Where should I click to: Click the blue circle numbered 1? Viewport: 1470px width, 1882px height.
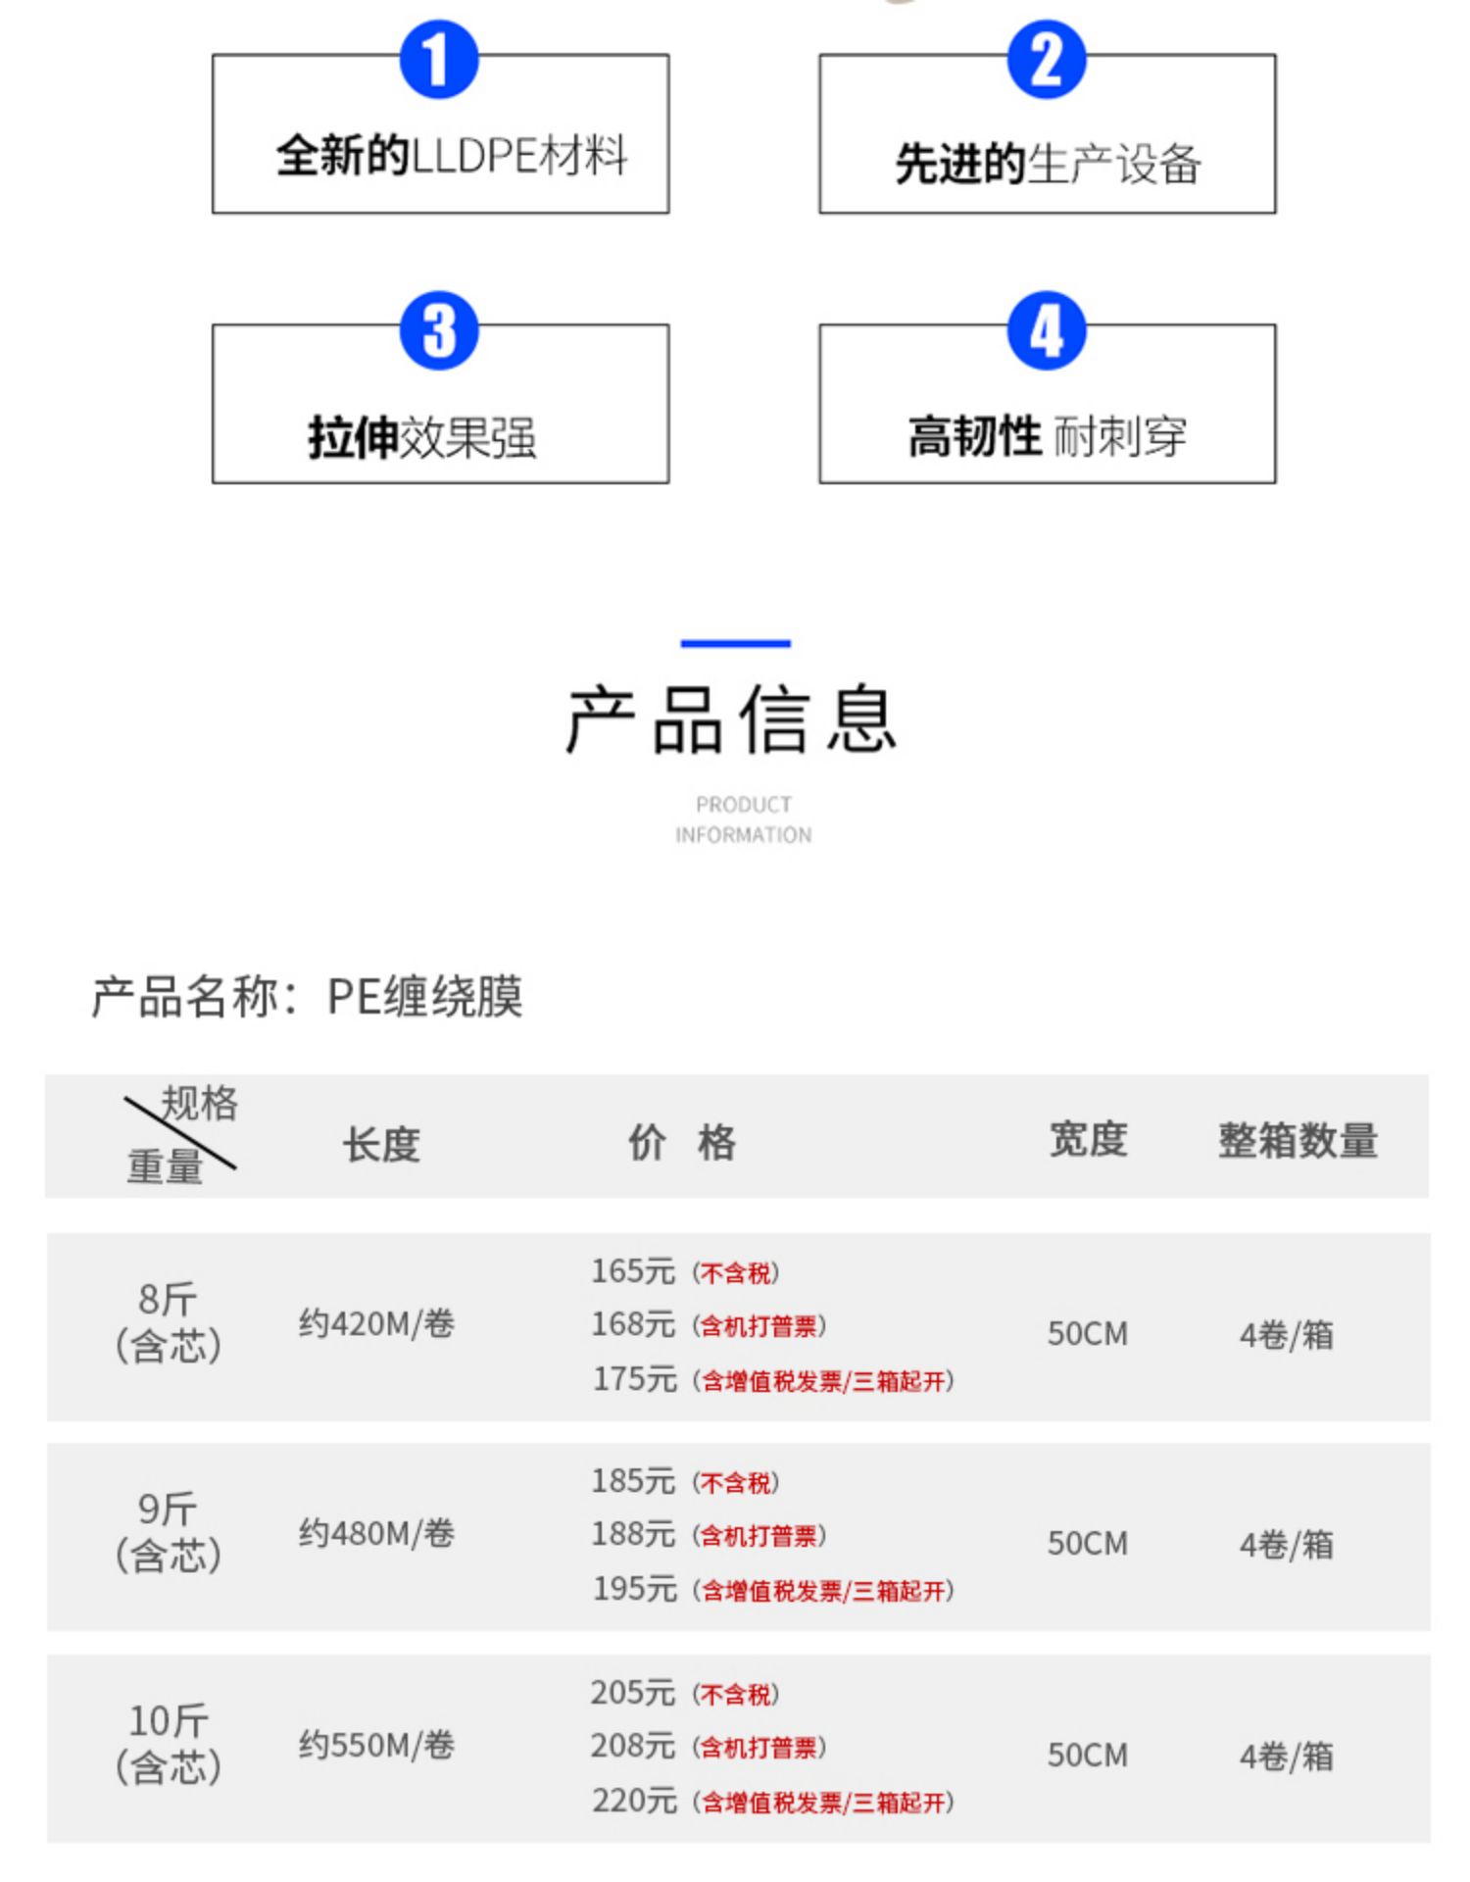click(x=438, y=60)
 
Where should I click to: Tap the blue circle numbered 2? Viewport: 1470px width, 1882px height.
click(x=1046, y=60)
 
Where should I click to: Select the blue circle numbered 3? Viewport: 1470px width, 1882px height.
click(x=438, y=330)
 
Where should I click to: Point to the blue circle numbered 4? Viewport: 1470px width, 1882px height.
click(x=1046, y=330)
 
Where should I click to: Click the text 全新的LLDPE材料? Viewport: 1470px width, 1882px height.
click(x=451, y=156)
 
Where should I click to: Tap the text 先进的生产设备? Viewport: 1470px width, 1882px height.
click(x=1047, y=164)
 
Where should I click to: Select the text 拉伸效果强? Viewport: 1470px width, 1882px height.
click(x=421, y=437)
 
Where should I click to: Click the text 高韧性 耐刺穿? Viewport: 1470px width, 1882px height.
click(x=1047, y=436)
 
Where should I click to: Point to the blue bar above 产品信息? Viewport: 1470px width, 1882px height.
click(x=735, y=644)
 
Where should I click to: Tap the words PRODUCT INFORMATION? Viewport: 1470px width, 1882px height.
click(x=743, y=819)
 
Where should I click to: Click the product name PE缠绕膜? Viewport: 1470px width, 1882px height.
click(x=424, y=997)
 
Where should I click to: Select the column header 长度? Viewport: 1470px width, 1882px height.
click(x=381, y=1144)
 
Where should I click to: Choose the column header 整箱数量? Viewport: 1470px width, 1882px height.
click(x=1298, y=1141)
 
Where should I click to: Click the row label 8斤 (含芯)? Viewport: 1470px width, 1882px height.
click(x=168, y=1322)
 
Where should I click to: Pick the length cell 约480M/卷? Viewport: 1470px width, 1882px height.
click(x=376, y=1533)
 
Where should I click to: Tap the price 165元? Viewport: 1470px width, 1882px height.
click(x=633, y=1271)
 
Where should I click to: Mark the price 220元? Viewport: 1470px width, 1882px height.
click(x=634, y=1801)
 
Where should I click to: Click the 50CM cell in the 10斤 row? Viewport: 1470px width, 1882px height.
click(x=1087, y=1755)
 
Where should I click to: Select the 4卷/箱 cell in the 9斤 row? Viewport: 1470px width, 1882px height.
click(x=1286, y=1545)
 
